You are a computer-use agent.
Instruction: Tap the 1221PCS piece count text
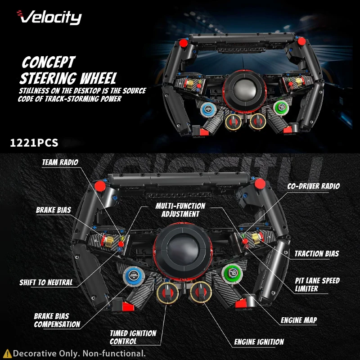[x=34, y=143]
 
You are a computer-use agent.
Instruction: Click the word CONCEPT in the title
[x=49, y=62]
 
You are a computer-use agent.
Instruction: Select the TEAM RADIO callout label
[x=60, y=162]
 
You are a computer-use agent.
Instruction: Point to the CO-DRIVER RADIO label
[x=314, y=186]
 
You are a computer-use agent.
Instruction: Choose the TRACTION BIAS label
[x=316, y=254]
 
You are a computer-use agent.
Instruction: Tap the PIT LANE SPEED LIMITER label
[x=317, y=284]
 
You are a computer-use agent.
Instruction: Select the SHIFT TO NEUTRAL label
[x=46, y=283]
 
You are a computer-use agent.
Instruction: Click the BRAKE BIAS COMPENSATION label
[x=57, y=320]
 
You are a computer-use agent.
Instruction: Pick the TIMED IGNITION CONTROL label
[x=133, y=337]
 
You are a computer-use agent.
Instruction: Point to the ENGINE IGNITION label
[x=259, y=342]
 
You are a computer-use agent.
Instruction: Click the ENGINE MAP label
[x=299, y=320]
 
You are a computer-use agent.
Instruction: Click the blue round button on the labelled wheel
[x=132, y=274]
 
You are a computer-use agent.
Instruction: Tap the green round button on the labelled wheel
[x=230, y=273]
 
